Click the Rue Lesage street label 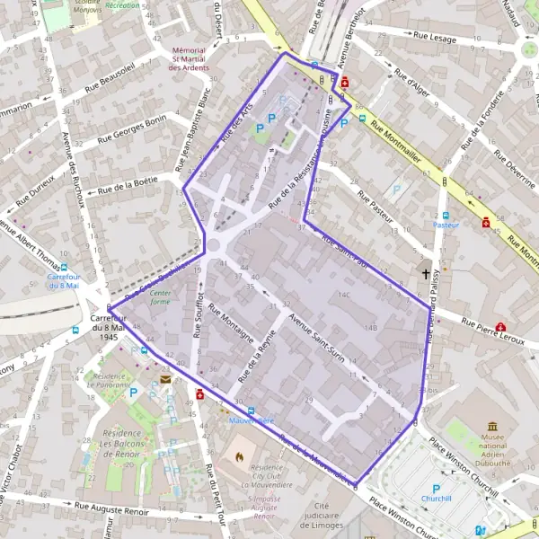(435, 37)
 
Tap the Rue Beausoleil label (110, 77)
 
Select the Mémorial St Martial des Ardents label (190, 58)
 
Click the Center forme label (160, 297)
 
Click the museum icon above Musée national (494, 426)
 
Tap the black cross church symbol (427, 273)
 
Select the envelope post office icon (166, 380)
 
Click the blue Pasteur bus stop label (446, 225)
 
